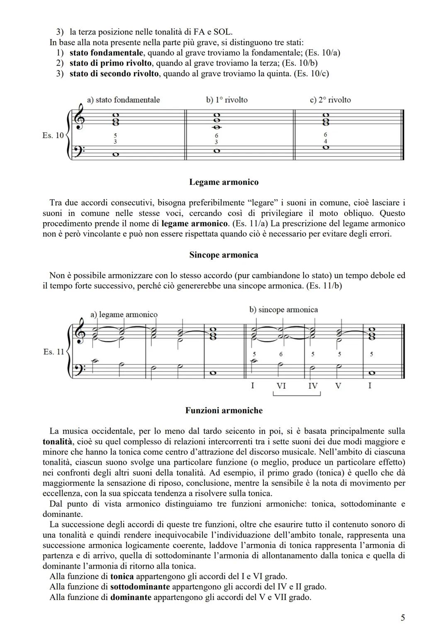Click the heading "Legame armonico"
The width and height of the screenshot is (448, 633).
224,182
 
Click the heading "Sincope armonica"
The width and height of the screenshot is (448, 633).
224,255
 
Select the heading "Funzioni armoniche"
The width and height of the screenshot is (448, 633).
224,410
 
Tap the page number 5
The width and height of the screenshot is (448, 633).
402,618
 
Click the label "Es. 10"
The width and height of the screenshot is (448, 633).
53,135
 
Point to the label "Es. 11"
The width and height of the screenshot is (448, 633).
54,352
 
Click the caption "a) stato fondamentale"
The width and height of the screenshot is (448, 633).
123,100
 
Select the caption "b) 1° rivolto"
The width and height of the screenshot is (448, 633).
226,100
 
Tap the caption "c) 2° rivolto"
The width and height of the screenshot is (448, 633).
330,100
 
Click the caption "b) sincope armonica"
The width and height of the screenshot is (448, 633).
283,310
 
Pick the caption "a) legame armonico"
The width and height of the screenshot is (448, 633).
124,314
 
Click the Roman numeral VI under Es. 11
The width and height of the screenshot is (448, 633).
281,386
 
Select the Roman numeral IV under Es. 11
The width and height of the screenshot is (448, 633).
313,386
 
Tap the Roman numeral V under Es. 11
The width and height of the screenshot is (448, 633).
338,386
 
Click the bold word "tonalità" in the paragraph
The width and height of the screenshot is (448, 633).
58,441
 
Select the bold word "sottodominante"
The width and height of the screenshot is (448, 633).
140,587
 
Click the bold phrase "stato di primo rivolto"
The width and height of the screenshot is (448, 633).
111,63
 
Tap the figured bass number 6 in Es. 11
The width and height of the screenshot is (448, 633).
281,354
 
